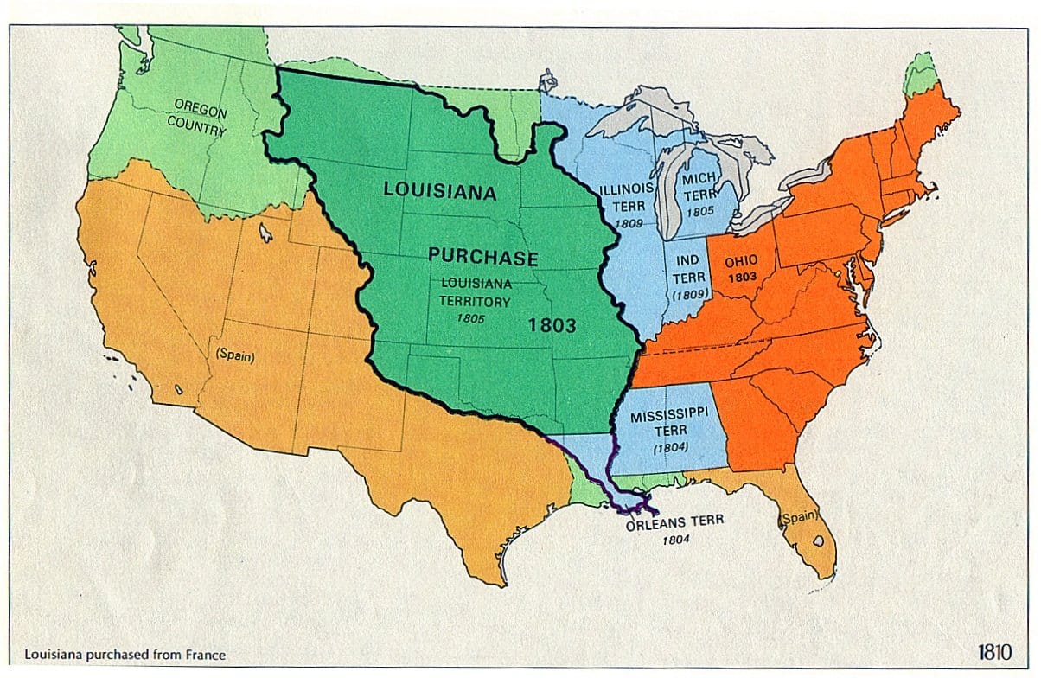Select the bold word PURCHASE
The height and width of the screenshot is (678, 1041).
coord(483,258)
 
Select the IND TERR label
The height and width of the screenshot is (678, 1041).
coord(689,269)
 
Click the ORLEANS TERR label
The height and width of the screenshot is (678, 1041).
coord(675,521)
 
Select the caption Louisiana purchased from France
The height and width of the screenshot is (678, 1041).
coord(126,655)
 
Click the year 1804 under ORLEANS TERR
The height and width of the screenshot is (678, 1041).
coord(676,540)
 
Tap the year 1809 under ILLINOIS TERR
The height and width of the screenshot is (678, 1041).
coord(628,224)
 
